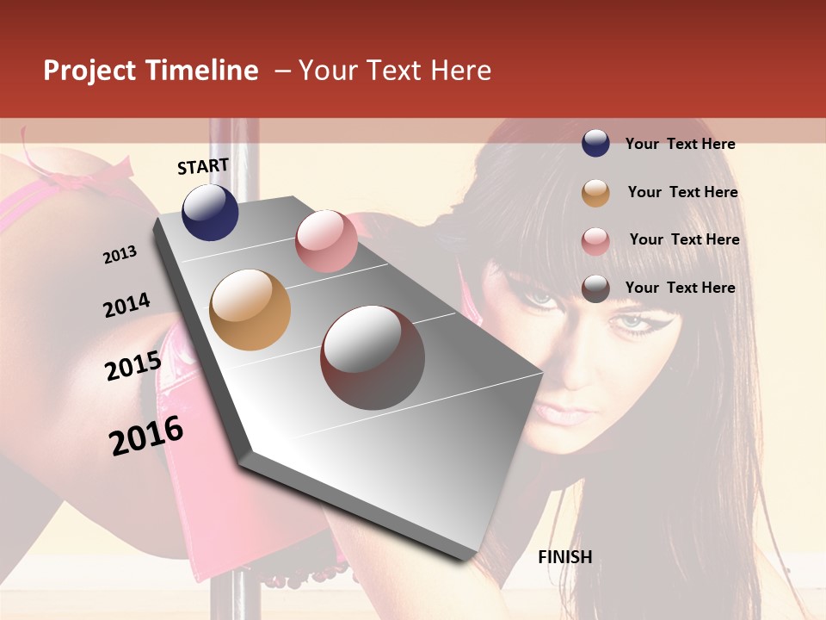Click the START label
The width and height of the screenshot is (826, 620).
[203, 166]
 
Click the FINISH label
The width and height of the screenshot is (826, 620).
[565, 557]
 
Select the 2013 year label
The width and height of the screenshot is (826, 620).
[120, 255]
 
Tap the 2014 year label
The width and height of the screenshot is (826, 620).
[127, 306]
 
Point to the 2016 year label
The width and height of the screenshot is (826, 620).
[146, 435]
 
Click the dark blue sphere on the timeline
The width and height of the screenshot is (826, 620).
[210, 212]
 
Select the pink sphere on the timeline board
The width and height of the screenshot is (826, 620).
[326, 241]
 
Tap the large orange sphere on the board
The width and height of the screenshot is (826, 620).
[250, 310]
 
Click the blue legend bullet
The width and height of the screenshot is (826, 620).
[595, 143]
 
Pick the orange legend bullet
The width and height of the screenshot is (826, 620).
[595, 193]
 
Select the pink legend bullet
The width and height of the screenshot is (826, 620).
[595, 241]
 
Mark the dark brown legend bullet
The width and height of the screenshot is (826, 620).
[595, 288]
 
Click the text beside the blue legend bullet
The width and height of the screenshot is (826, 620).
[680, 144]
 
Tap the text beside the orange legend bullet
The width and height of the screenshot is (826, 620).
[682, 192]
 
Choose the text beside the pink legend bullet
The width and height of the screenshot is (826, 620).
[684, 239]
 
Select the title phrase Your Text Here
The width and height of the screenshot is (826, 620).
[395, 71]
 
